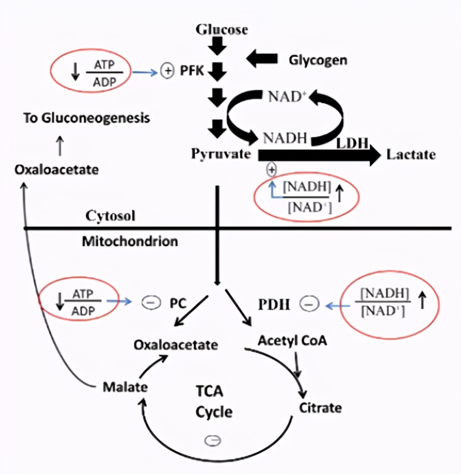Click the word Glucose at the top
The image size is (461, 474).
pyautogui.click(x=222, y=29)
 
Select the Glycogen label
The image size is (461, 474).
pyautogui.click(x=317, y=60)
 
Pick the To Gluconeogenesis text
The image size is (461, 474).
pyautogui.click(x=86, y=118)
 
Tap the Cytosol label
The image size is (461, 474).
pyautogui.click(x=110, y=215)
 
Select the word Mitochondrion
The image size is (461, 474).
pyautogui.click(x=130, y=241)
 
